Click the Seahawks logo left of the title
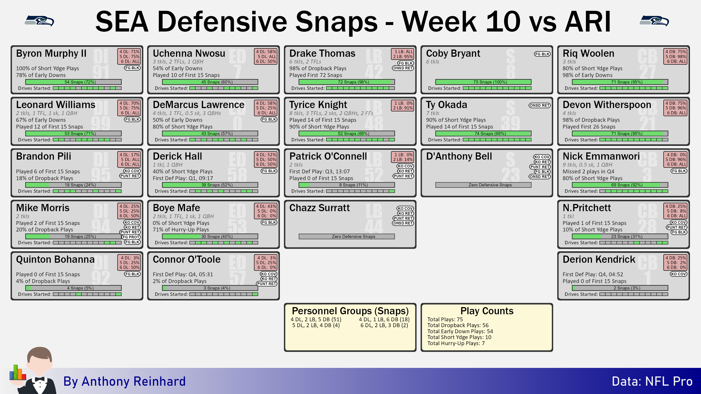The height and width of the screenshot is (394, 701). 39,21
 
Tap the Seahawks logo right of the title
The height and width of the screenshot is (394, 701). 654,21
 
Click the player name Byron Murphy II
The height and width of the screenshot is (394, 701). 51,53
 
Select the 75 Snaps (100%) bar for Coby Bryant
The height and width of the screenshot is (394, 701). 483,82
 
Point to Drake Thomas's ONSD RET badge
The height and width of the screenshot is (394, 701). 403,68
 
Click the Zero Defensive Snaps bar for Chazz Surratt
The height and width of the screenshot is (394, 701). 347,237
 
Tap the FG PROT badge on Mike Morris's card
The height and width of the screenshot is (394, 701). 131,237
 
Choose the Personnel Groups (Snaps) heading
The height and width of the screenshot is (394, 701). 350,311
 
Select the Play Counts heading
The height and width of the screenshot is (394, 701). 487,311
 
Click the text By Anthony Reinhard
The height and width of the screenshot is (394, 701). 124,381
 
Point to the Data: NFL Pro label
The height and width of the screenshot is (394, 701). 652,381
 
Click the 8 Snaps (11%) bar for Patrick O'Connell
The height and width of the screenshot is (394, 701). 347,185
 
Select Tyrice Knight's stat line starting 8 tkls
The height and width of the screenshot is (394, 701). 331,113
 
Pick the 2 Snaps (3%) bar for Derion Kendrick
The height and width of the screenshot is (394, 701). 620,288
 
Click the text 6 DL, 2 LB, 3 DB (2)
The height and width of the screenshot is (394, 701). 384,325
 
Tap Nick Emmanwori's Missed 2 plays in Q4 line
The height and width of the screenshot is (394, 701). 588,172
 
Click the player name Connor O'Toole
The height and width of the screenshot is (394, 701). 186,259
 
